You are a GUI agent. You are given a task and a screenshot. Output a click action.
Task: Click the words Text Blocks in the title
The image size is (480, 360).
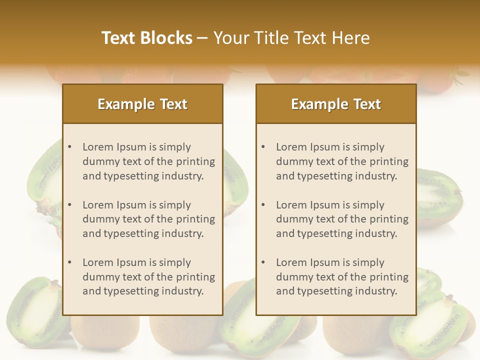coord(147,38)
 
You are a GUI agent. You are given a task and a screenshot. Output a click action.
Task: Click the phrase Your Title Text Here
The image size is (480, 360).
coord(291,38)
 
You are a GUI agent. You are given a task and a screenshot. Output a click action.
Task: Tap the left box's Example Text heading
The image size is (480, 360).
coord(142,104)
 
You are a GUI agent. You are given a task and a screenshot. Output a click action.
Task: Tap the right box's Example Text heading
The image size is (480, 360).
coord(336,104)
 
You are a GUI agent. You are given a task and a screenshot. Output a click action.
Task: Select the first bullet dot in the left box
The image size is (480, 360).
coord(70,147)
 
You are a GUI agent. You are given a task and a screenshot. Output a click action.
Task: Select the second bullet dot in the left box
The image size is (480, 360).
coord(70,205)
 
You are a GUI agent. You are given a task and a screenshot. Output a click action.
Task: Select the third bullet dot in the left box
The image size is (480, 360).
coord(70,262)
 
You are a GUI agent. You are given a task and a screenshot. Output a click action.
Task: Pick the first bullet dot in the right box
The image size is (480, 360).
coord(263,147)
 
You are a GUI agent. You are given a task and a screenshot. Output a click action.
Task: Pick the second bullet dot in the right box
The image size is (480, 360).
coord(263,205)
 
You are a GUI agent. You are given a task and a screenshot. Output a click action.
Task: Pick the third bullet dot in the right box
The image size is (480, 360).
coord(263,262)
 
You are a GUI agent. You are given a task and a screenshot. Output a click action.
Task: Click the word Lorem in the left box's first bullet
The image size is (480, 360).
coord(97,147)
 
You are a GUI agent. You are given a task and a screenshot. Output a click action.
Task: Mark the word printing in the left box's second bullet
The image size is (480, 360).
coord(196,219)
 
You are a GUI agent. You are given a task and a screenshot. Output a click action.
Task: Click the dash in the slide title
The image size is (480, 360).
coord(202,38)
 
